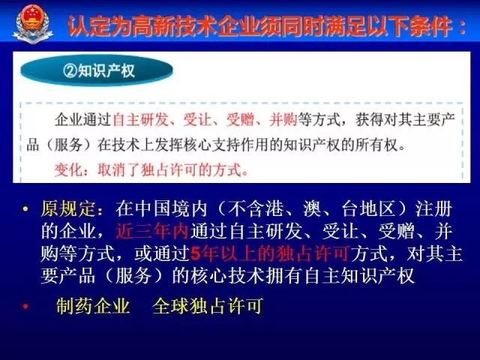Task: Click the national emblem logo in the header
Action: coord(33,24)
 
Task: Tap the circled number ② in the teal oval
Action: coord(70,70)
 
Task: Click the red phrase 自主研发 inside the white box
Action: coord(141,120)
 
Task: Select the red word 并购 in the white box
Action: coord(283,120)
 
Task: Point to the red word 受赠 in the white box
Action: coord(240,120)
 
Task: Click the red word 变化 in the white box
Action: coord(68,169)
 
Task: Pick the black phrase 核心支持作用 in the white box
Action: coord(226,145)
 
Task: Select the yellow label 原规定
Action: coord(68,209)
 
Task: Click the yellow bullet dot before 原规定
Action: coord(25,209)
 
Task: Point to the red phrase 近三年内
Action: coord(152,232)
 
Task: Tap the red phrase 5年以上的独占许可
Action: coord(270,253)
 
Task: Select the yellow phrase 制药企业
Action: coord(93,306)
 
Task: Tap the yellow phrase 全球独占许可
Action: coord(208,306)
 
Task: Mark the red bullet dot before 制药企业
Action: coord(25,306)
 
